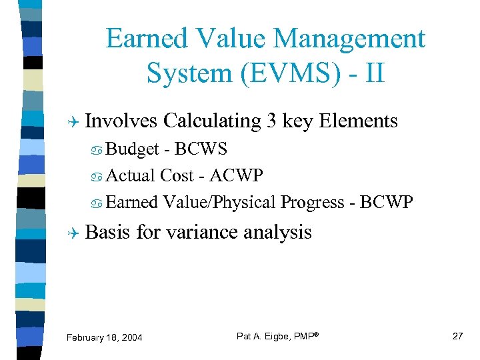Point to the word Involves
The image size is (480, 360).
122,121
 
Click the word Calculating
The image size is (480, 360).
211,121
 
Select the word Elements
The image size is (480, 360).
359,121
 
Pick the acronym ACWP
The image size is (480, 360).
236,175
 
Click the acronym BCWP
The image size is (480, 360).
386,202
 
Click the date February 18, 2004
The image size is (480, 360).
105,338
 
